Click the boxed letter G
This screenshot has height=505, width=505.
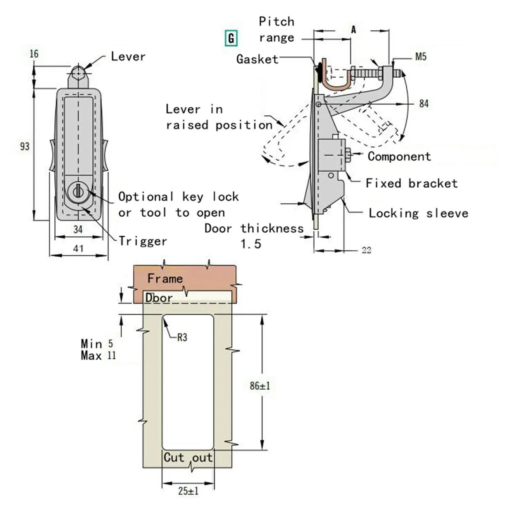(x=231, y=38)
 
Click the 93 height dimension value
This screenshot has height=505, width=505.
(x=25, y=146)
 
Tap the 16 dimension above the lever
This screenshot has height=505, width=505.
(x=34, y=54)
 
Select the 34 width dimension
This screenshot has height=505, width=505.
(x=78, y=230)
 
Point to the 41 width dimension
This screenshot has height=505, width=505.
(x=78, y=248)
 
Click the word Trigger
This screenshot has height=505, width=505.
(x=143, y=241)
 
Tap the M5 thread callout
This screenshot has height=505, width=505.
(x=421, y=57)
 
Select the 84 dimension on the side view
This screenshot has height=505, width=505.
(x=424, y=104)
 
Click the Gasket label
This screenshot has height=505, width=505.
(x=257, y=59)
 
